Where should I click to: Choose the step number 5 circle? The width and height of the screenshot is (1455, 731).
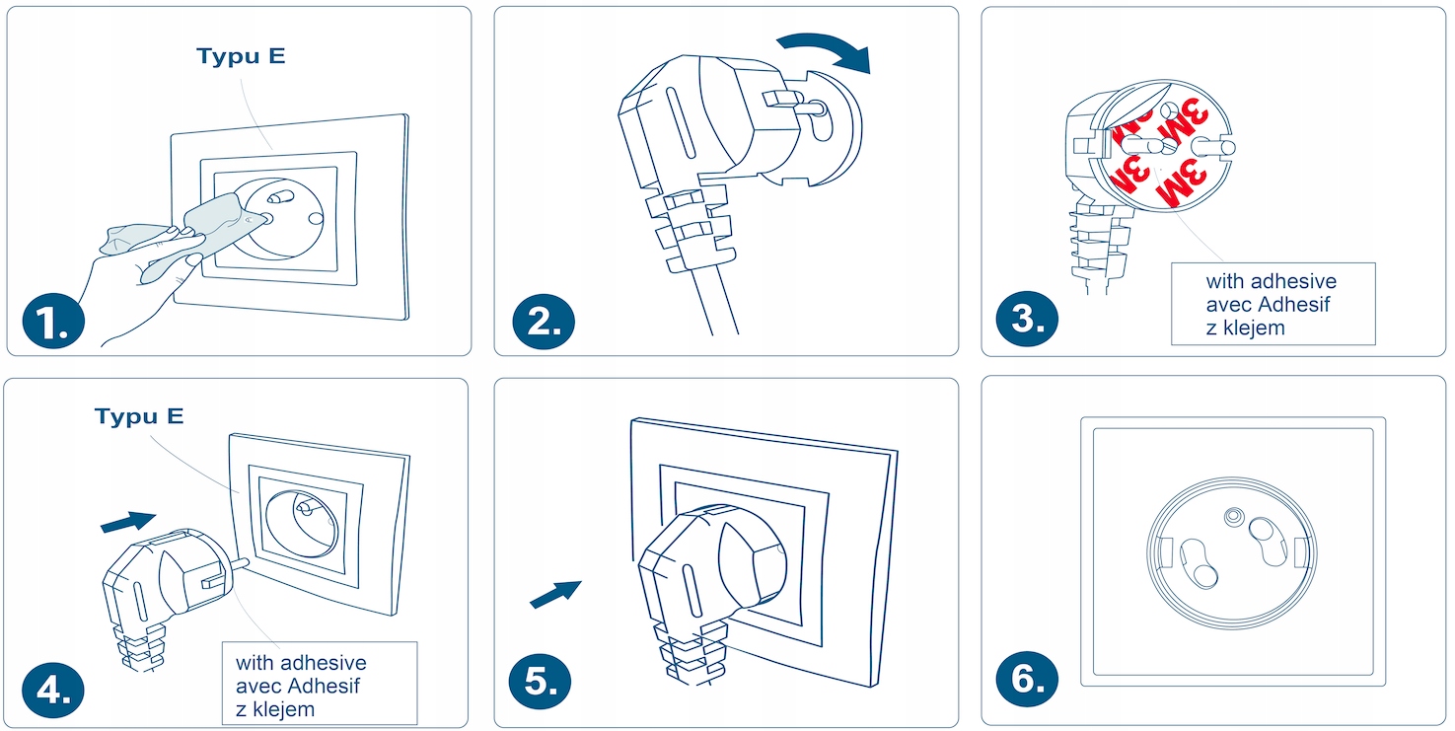click(x=540, y=681)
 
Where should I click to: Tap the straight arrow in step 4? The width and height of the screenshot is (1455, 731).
click(x=128, y=521)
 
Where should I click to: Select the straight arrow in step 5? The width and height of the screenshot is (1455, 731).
click(x=555, y=594)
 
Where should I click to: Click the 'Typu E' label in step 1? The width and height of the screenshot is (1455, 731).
click(x=241, y=56)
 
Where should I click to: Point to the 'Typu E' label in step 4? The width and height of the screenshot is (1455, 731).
click(x=139, y=416)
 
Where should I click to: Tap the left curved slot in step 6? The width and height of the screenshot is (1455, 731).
click(x=1198, y=562)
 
